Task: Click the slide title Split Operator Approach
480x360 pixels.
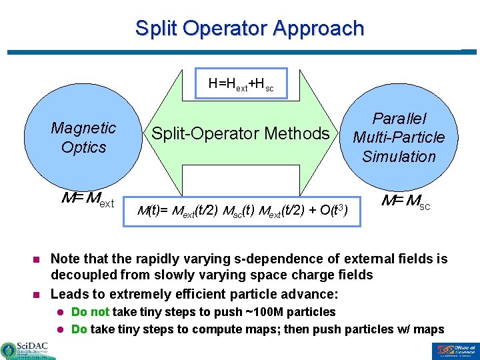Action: point(249,29)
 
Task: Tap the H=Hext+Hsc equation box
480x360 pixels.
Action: point(241,83)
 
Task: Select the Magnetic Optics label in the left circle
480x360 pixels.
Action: point(83,137)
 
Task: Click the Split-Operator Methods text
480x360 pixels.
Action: point(241,133)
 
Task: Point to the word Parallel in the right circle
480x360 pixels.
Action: point(399,119)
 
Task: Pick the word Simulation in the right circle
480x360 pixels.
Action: point(399,157)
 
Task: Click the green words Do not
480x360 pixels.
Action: point(91,312)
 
